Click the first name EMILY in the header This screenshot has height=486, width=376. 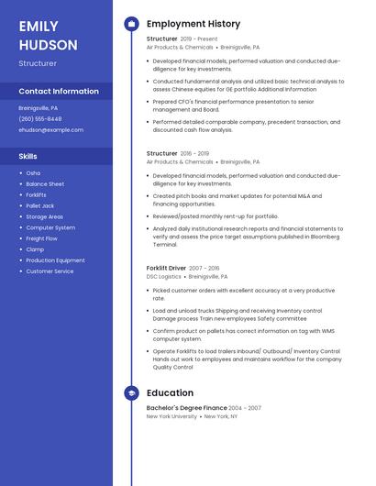click(39, 26)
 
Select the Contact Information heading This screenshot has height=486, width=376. click(59, 92)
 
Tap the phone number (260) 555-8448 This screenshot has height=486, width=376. click(40, 118)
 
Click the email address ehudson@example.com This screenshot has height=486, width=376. click(50, 129)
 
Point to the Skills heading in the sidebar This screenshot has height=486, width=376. click(28, 156)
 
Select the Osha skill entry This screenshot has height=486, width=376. click(33, 172)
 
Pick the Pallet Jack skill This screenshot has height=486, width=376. click(40, 205)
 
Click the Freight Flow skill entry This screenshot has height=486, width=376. click(41, 238)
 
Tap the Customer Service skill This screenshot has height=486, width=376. click(50, 271)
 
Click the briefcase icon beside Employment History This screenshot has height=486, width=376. click(130, 24)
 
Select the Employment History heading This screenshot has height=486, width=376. click(194, 24)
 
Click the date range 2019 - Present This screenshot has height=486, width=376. click(200, 39)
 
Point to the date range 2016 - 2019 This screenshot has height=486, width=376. click(194, 154)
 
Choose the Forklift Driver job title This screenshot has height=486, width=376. click(166, 269)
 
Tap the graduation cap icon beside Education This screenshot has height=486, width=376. click(130, 392)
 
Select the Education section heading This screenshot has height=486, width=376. click(170, 392)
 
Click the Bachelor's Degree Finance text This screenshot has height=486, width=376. click(186, 408)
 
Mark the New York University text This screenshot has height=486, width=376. click(171, 416)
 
